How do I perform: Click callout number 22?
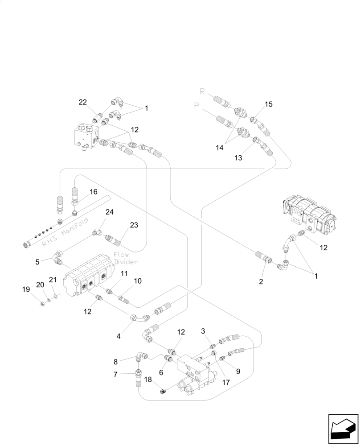83,102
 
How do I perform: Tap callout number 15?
268,104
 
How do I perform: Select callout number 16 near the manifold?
93,192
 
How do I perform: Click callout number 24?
109,212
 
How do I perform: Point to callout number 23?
134,225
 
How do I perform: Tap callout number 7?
115,375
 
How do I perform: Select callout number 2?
261,281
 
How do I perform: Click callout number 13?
239,157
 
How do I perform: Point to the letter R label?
202,92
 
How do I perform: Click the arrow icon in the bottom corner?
343,429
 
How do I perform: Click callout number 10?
138,281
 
